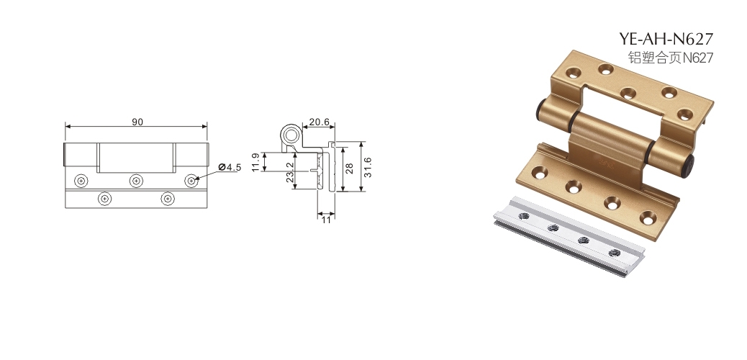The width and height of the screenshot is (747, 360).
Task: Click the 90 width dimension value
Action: coord(137,122)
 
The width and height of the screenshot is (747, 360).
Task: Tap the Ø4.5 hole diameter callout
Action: coord(230,167)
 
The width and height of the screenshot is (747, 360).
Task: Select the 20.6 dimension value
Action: coord(320,122)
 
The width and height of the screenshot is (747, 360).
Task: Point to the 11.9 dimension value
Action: coord(255,162)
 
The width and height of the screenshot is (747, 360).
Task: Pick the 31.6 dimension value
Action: coord(367,167)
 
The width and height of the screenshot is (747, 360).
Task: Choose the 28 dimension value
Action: coord(350,168)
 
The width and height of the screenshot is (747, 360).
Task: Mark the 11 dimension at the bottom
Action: coord(326,220)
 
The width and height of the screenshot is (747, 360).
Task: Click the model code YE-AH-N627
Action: coord(666,39)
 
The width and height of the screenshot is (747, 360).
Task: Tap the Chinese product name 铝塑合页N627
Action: coord(671,58)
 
